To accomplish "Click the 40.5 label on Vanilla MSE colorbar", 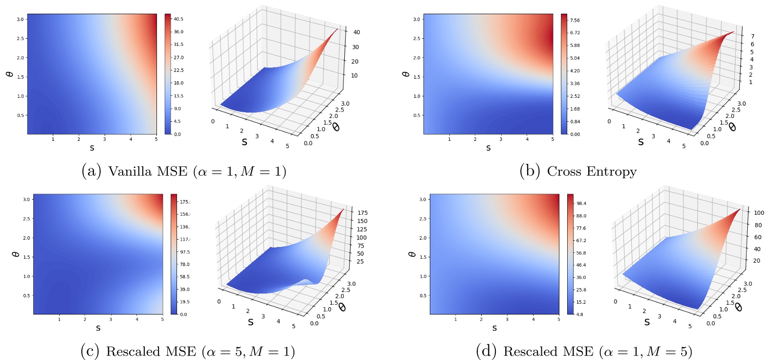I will coord(178,19).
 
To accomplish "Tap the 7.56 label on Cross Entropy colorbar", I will coord(575,20).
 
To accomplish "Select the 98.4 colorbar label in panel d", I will coord(581,203).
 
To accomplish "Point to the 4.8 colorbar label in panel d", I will coord(579,315).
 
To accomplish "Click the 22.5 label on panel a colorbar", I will coord(178,70).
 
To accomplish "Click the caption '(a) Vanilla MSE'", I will coord(183,171).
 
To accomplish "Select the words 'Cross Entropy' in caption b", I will coord(592,171).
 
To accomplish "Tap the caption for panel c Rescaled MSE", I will coord(187,351).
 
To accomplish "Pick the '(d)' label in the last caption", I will coord(486,351).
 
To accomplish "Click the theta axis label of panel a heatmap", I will coord(9,74).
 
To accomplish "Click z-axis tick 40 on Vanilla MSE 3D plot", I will coord(356,32).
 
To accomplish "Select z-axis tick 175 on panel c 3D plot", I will coord(362,213).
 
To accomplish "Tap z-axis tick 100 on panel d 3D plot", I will coord(759,213).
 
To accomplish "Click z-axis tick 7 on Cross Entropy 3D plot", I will coord(753,36).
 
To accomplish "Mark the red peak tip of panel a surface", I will coord(337,30).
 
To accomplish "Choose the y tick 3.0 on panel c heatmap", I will coord(26,200).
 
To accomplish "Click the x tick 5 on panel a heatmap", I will coord(156,139).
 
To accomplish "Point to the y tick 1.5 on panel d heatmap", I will coord(423,257).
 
